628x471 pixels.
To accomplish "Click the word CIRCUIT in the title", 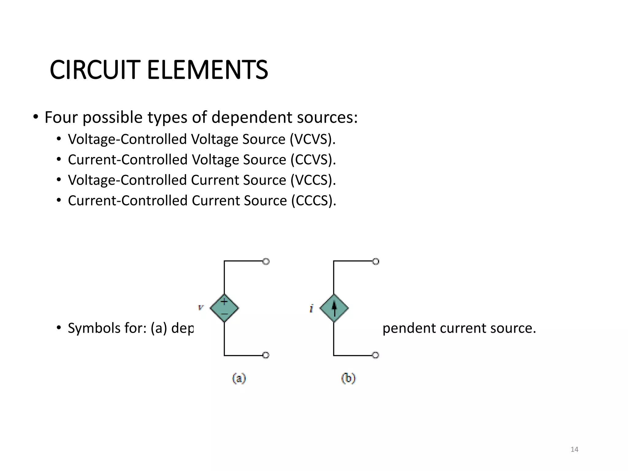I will tap(95, 70).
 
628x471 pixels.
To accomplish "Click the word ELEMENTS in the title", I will tap(208, 70).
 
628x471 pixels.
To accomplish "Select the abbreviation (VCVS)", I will tap(312, 139).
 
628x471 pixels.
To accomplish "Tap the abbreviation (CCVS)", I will tap(313, 160).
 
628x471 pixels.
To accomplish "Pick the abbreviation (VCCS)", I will tap(313, 180).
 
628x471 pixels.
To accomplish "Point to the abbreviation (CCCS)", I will tap(313, 201).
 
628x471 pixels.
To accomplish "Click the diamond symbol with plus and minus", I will tap(224, 308).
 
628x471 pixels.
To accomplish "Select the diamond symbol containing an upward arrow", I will tap(334, 308).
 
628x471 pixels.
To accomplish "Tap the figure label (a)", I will tap(239, 378).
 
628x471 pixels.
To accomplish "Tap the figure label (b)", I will tap(348, 378).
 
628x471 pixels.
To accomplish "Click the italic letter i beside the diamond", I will tap(311, 308).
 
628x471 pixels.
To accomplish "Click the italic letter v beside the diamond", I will tap(201, 307).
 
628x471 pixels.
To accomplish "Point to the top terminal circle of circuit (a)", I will tap(266, 262).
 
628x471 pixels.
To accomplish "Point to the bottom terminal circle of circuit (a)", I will tap(266, 355).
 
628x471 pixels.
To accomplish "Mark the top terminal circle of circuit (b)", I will tap(376, 262).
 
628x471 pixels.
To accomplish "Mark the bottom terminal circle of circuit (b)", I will tap(376, 355).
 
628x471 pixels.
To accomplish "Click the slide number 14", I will tap(574, 450).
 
